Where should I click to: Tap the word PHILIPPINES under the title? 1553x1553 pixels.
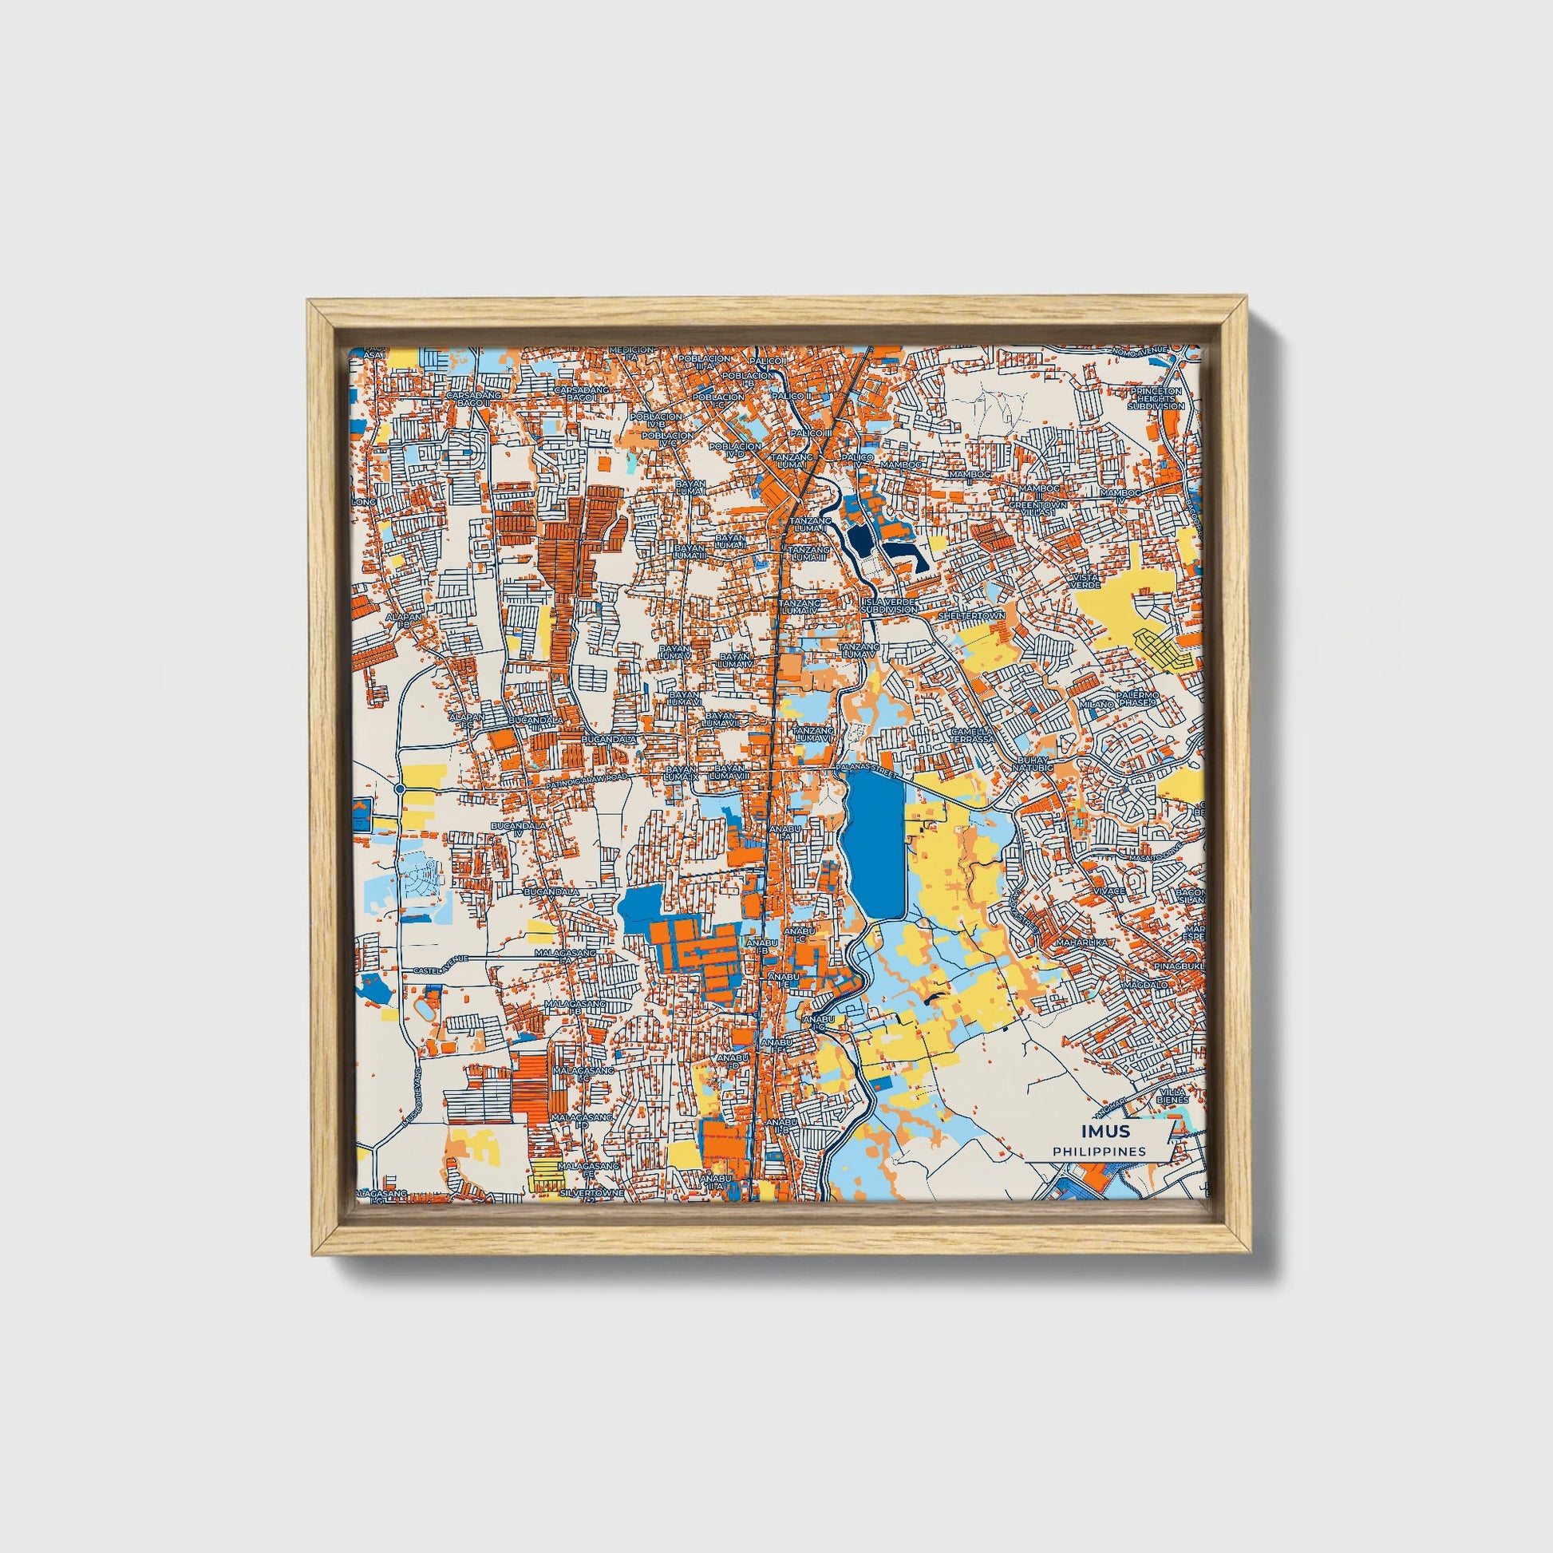click(x=1100, y=1152)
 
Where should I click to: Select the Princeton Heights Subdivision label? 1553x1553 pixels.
click(x=1156, y=398)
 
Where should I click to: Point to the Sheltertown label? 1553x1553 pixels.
click(x=972, y=616)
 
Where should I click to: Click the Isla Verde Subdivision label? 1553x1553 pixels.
click(x=890, y=605)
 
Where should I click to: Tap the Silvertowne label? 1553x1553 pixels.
click(x=592, y=1194)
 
